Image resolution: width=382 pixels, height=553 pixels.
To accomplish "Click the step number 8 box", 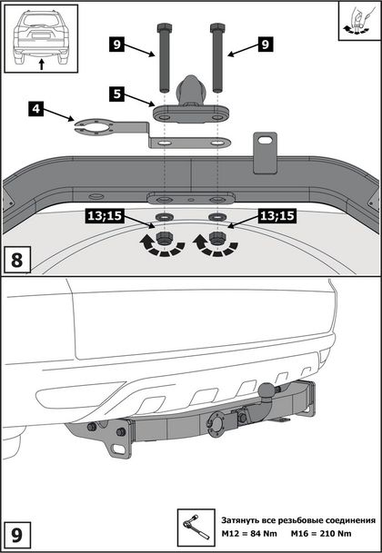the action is (17, 261).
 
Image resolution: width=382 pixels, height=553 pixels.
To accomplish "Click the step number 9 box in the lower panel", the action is (17, 535).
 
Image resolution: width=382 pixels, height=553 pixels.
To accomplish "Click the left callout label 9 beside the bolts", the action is (116, 44).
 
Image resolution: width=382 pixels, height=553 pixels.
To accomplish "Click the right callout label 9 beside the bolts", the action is (266, 44).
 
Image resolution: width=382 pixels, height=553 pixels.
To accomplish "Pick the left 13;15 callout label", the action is (104, 216).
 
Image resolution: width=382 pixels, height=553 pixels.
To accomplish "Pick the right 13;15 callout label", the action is (277, 216).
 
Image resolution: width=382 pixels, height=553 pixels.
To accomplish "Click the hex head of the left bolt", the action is (164, 27).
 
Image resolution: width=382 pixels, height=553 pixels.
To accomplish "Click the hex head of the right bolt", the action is (217, 27).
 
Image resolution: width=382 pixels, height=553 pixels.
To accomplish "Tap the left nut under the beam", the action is (163, 238).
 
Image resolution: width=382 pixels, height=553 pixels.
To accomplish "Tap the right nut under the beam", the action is (216, 238).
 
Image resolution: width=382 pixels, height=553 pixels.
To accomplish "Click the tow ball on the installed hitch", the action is (266, 390).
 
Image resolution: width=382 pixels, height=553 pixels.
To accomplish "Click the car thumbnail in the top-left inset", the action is (41, 38).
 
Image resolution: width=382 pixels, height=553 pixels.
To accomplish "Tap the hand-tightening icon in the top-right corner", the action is (358, 21).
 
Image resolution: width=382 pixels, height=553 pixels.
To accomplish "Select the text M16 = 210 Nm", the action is (321, 533).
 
